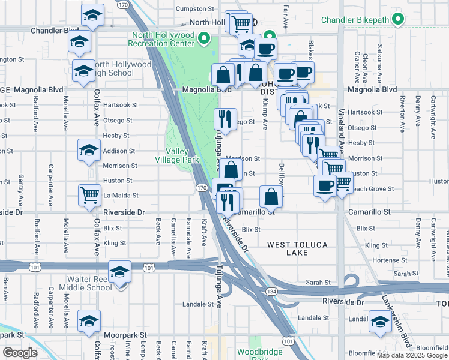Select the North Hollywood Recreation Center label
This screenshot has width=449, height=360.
tap(163, 39)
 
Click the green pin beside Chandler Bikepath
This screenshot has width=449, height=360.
tap(397, 20)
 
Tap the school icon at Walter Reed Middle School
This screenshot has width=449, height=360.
tap(120, 272)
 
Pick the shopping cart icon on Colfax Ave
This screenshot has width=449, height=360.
tap(89, 194)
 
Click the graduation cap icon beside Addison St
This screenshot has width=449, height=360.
tap(89, 149)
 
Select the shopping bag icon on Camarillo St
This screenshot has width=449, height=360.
tap(271, 196)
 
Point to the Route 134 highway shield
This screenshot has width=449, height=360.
tap(265, 290)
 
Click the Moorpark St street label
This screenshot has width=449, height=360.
tap(127, 334)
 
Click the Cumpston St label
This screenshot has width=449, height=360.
tap(195, 9)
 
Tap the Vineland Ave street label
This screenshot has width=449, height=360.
tap(340, 138)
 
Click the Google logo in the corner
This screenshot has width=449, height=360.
tap(20, 353)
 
